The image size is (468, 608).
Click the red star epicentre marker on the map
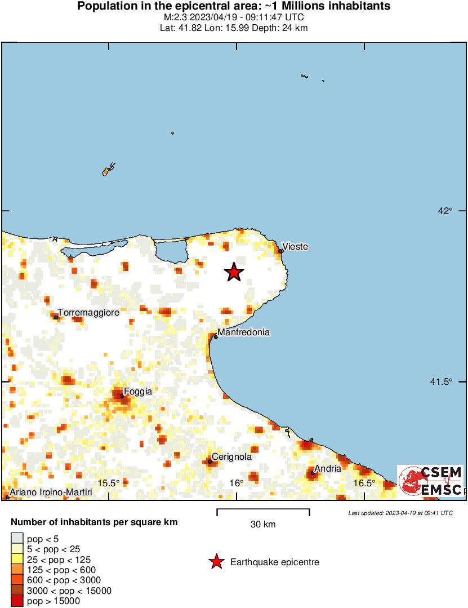point(234,272)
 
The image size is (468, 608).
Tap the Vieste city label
point(295,247)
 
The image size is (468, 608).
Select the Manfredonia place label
point(243,332)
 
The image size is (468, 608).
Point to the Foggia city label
point(138,391)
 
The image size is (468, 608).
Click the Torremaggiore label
point(88,313)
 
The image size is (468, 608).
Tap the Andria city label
point(328,468)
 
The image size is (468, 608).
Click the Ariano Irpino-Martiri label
point(51,492)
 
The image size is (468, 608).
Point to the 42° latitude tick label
point(446,211)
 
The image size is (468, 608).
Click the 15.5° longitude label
point(109,483)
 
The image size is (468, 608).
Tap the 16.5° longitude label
point(364,483)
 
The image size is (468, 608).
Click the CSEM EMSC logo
point(430,481)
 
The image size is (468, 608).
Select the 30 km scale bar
point(263,512)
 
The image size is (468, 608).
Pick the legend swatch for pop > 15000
point(17,601)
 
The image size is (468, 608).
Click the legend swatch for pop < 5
point(17,539)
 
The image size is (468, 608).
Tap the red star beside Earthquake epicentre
point(215,562)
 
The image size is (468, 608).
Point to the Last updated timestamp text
point(400,513)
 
